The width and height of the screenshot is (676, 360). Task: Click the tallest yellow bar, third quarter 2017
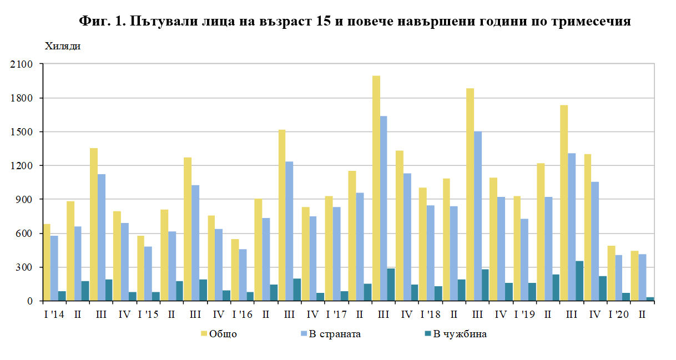point(376,189)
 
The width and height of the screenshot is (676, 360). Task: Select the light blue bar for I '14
point(54,268)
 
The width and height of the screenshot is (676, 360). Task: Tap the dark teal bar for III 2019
point(579,281)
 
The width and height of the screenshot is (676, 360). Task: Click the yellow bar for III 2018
point(470,194)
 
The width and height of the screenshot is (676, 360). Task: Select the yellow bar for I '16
point(235,270)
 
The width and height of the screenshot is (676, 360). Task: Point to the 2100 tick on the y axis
point(22,64)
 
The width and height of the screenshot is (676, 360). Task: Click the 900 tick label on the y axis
point(25,200)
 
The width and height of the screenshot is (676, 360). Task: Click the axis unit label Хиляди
point(62,46)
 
